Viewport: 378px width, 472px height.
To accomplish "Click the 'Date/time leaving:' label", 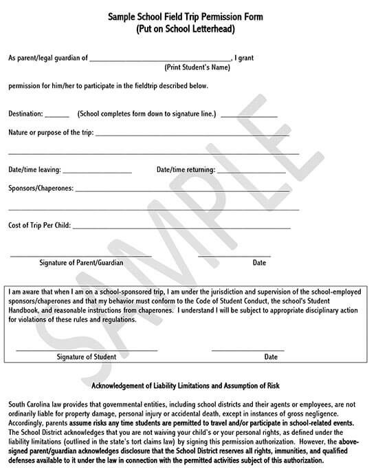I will pyautogui.click(x=34, y=170).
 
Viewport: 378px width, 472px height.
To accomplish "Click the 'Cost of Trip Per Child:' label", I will pyautogui.click(x=40, y=225).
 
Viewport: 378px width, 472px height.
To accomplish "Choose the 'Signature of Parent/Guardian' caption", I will pyautogui.click(x=80, y=263).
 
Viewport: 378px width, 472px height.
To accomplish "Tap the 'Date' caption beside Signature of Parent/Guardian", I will pyautogui.click(x=259, y=263).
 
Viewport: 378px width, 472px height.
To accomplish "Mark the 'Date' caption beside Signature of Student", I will pyautogui.click(x=271, y=357).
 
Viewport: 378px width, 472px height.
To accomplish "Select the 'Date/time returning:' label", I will pyautogui.click(x=186, y=170).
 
